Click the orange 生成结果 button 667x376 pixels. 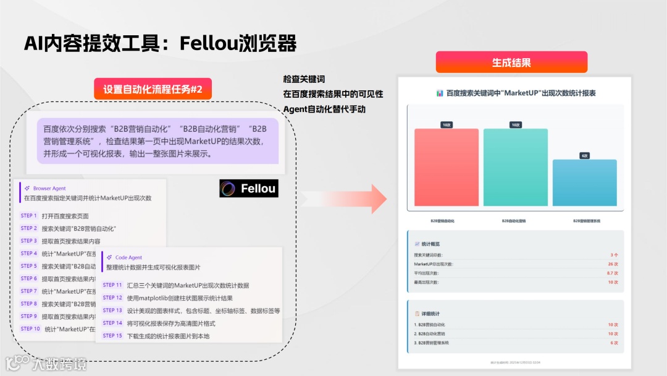[x=511, y=62]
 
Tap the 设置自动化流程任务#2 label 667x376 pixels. [x=153, y=89]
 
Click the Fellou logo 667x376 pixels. [x=249, y=189]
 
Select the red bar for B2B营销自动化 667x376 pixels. [x=446, y=167]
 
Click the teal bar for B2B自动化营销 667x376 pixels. [x=515, y=167]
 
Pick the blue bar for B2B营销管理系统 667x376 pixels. [x=584, y=182]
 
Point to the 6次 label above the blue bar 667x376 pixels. [x=584, y=156]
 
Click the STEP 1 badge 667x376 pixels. [x=29, y=216]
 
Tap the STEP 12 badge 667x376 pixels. [x=112, y=298]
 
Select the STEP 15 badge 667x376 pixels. [x=112, y=336]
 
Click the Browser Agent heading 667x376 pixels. [x=49, y=188]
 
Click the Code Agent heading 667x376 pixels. [x=128, y=257]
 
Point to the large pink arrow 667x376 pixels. [x=352, y=199]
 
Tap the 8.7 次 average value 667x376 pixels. [x=612, y=273]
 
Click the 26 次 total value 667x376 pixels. [x=612, y=264]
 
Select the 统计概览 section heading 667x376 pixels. [x=431, y=244]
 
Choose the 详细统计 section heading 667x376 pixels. [x=431, y=314]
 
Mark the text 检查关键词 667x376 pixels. [x=304, y=79]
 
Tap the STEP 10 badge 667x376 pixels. [x=30, y=329]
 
